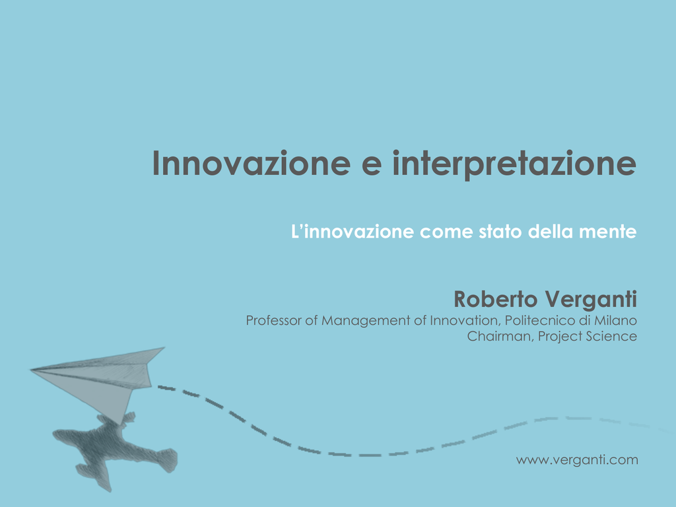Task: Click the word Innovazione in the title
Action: coord(252,164)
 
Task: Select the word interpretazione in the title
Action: coord(514,164)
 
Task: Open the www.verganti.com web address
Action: coord(577,460)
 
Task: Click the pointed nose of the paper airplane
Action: coord(30,370)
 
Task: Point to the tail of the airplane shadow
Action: coord(168,459)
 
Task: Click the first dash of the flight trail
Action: coord(166,388)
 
